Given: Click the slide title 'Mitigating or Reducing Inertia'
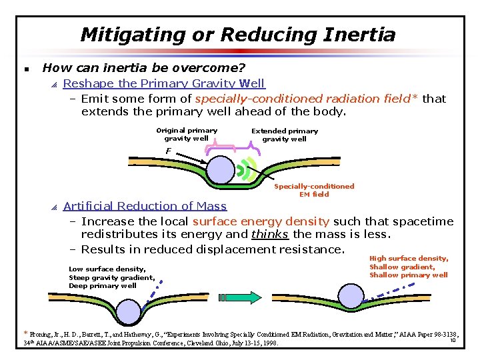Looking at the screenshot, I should click(238, 35).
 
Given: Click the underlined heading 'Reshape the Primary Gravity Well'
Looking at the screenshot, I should click(163, 83).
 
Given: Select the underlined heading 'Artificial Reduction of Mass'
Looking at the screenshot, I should click(145, 206).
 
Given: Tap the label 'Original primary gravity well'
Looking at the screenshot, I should click(187, 135).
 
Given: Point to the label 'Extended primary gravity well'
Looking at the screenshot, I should click(285, 135).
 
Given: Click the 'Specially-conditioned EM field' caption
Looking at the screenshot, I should click(314, 190).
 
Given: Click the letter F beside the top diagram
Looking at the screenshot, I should click(169, 151).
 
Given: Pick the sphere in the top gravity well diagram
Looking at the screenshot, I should click(221, 169).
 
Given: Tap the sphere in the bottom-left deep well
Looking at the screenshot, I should click(127, 311).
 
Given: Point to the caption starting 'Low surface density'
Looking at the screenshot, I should click(111, 277).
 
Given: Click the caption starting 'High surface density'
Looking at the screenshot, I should click(409, 267).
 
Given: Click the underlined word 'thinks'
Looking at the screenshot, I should click(269, 235).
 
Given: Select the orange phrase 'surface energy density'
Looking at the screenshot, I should click(261, 221).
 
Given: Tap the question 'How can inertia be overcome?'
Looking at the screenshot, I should click(144, 68).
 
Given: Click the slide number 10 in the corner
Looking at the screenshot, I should click(453, 341).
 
